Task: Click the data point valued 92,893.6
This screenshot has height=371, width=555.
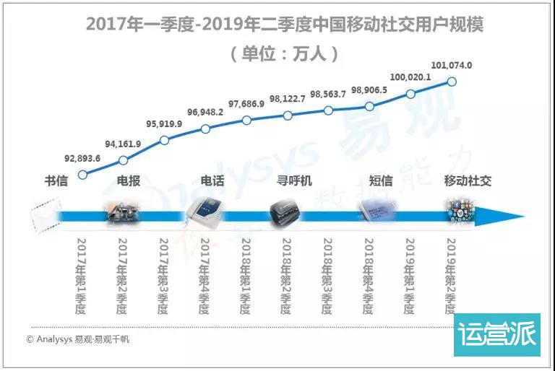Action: [82, 174]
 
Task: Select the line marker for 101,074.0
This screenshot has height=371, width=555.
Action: [452, 82]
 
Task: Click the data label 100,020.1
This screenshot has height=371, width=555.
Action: [410, 77]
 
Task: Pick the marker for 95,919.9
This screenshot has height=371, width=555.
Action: [164, 139]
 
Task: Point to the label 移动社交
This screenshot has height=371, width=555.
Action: [468, 180]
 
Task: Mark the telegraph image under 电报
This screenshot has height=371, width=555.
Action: [122, 214]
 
